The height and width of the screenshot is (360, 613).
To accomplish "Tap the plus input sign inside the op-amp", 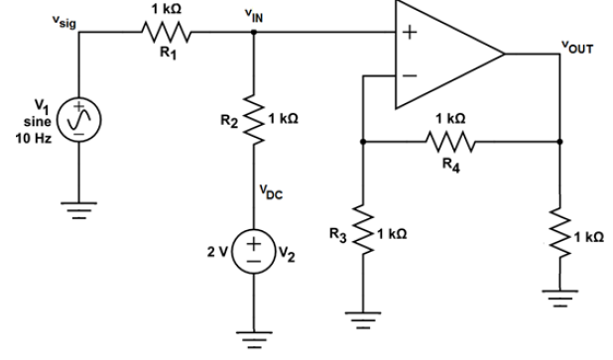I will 407,32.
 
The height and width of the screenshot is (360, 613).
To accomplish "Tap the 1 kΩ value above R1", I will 162,9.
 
